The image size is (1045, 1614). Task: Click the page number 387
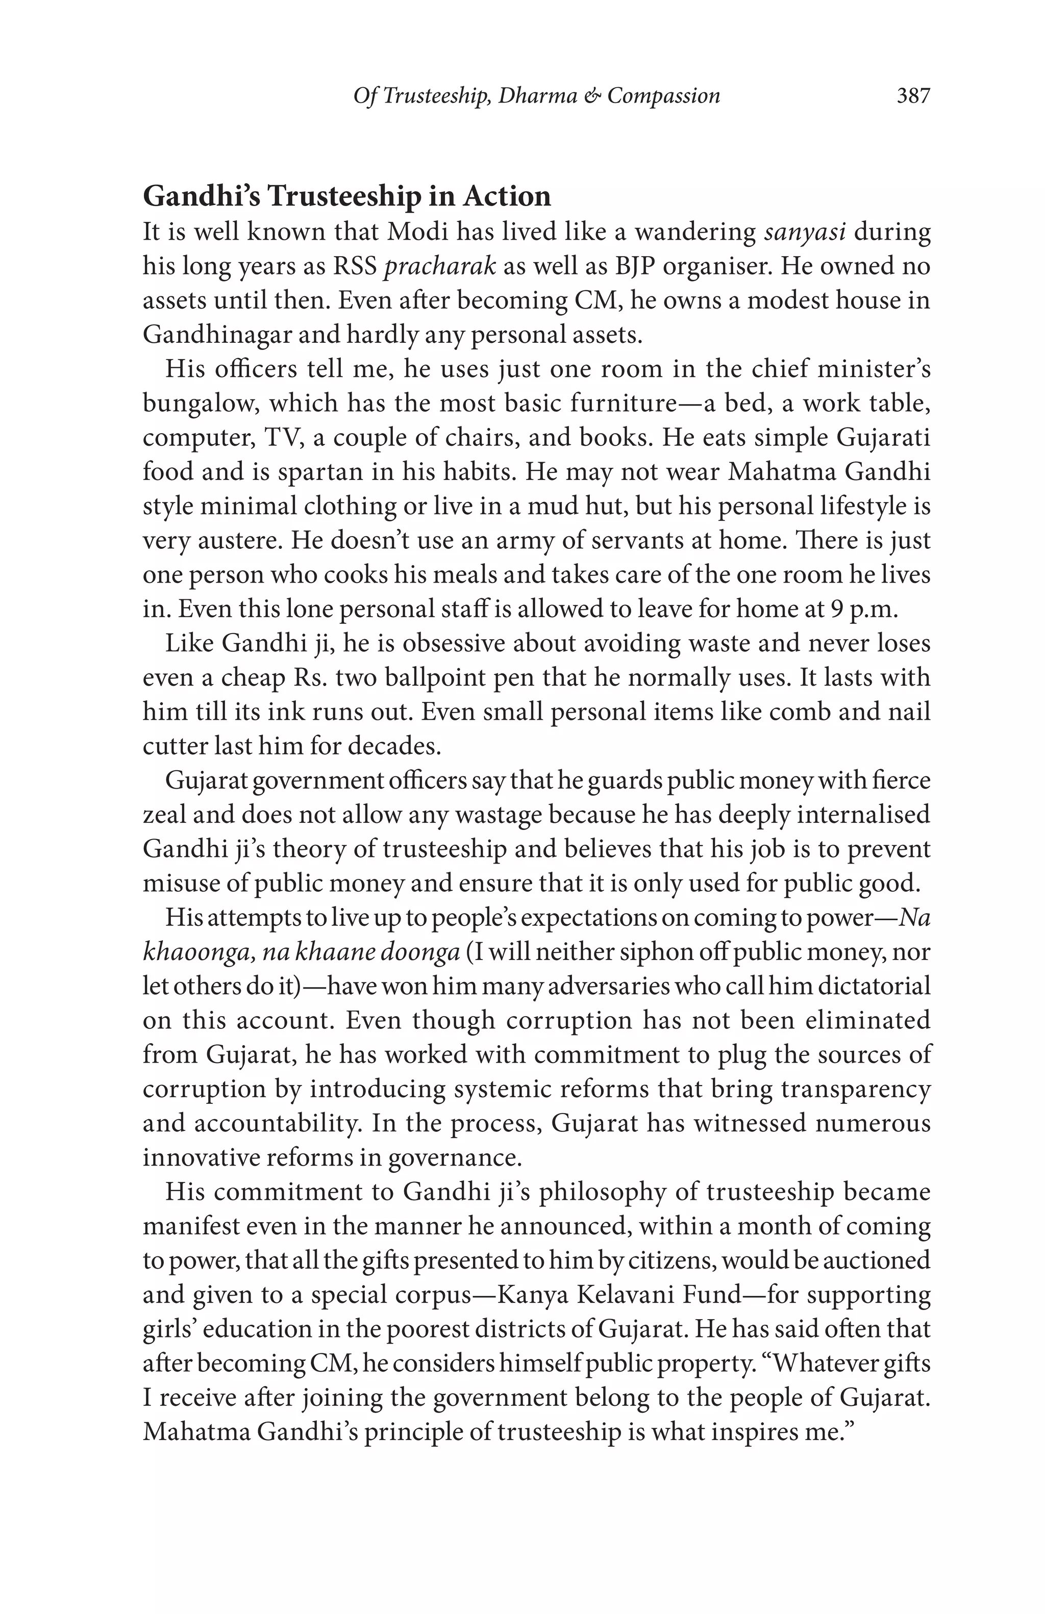pos(913,95)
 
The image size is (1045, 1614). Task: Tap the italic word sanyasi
pos(804,232)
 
